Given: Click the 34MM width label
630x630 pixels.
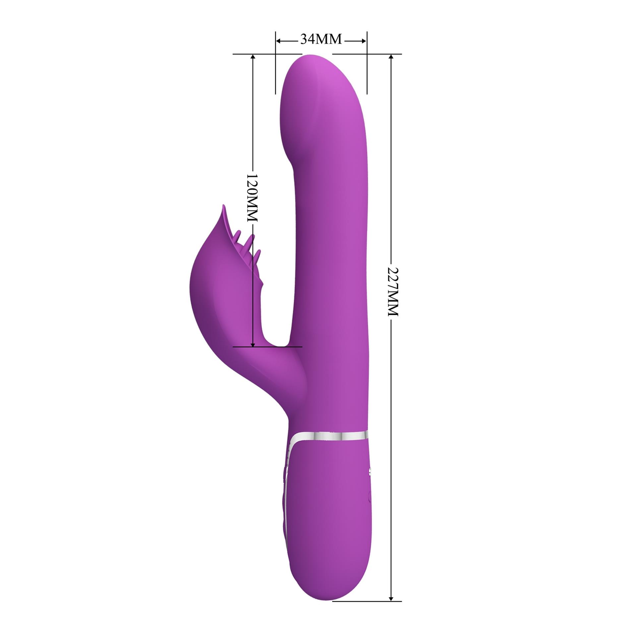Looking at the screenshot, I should click(x=321, y=39).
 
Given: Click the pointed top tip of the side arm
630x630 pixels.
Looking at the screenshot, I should click(x=223, y=207).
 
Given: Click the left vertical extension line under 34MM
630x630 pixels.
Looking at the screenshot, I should click(x=276, y=73).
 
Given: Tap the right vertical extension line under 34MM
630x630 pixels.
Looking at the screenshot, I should click(x=367, y=73).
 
